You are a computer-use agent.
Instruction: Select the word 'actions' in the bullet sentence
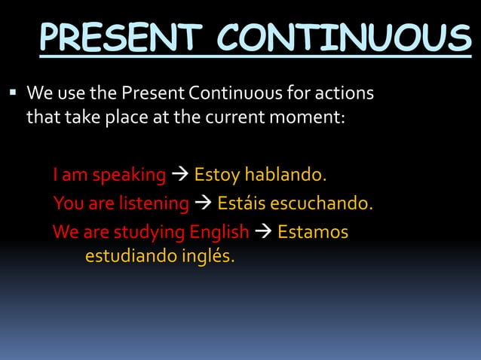pyautogui.click(x=345, y=96)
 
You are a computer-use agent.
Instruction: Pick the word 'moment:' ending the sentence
pyautogui.click(x=312, y=118)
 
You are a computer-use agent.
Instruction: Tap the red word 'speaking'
pyautogui.click(x=128, y=175)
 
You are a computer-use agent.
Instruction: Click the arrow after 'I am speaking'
pyautogui.click(x=179, y=175)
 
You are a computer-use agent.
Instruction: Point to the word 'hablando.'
pyautogui.click(x=286, y=175)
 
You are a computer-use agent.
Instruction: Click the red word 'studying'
pyautogui.click(x=134, y=232)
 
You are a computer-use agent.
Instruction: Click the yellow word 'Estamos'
pyautogui.click(x=313, y=232)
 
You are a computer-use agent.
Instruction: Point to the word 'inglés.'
pyautogui.click(x=207, y=257)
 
